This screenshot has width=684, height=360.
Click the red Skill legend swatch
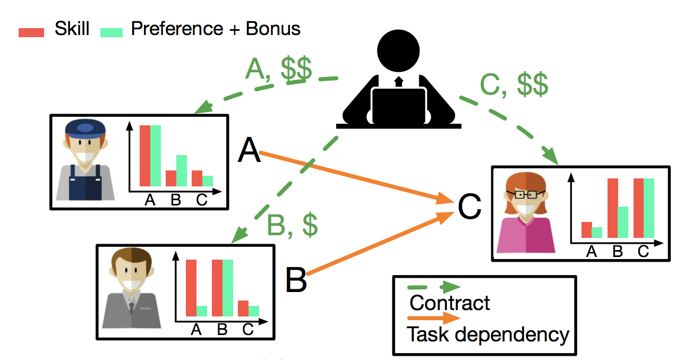pyautogui.click(x=31, y=32)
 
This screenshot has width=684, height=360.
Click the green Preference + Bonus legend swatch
pyautogui.click(x=112, y=32)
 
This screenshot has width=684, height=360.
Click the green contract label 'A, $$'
pyautogui.click(x=278, y=70)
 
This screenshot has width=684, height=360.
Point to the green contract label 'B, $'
pyautogui.click(x=293, y=226)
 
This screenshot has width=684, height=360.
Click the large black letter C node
pyautogui.click(x=470, y=208)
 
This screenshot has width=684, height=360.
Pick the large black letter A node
pyautogui.click(x=249, y=150)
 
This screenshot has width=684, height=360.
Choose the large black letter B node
pyautogui.click(x=296, y=280)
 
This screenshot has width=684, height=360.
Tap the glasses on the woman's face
pyautogui.click(x=526, y=194)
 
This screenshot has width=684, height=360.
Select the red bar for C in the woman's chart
pyautogui.click(x=638, y=208)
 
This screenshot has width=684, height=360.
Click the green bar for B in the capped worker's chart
pyautogui.click(x=181, y=170)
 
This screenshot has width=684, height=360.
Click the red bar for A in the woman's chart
pyautogui.click(x=586, y=230)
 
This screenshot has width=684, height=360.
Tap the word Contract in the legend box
pyautogui.click(x=449, y=303)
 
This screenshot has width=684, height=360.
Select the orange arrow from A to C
pyautogui.click(x=356, y=177)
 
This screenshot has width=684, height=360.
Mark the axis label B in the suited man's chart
pyautogui.click(x=222, y=330)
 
